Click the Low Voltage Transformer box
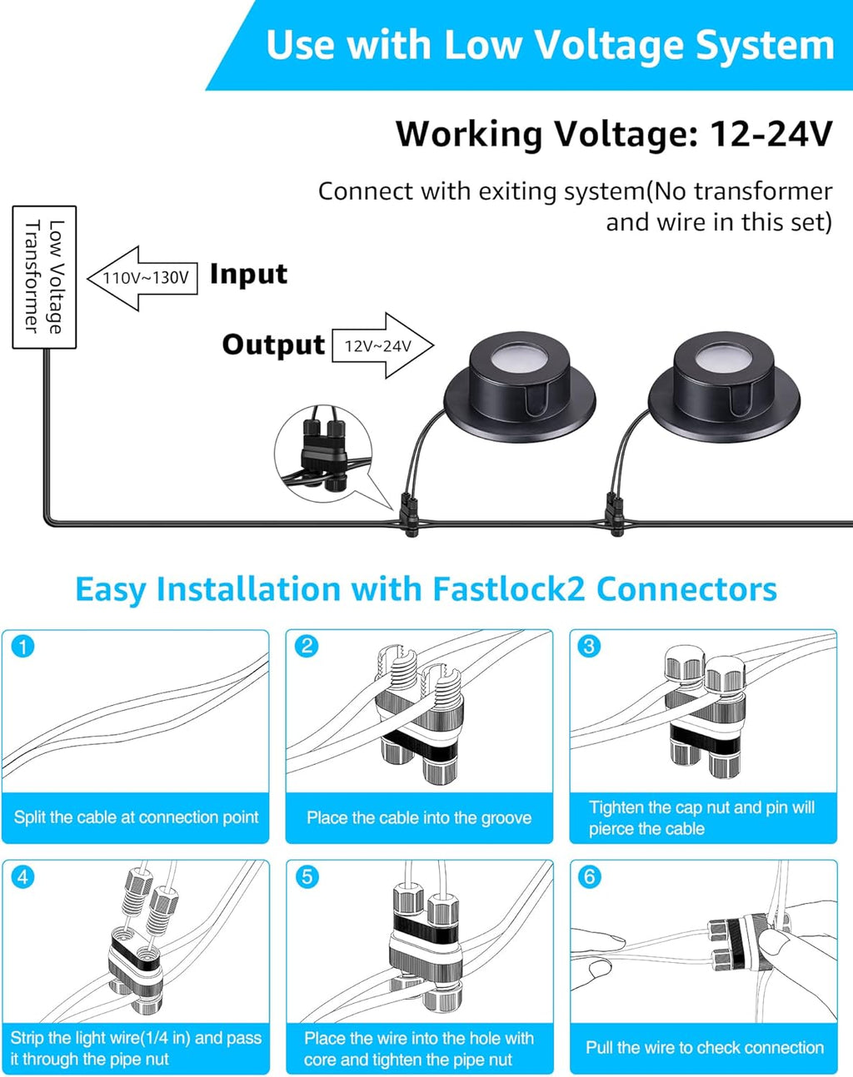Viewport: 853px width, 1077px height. click(x=45, y=277)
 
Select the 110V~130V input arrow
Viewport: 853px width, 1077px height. click(x=142, y=278)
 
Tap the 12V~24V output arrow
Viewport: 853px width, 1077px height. click(x=382, y=345)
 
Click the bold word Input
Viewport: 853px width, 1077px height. click(x=248, y=274)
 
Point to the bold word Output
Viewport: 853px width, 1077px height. click(x=273, y=345)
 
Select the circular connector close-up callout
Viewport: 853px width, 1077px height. click(x=322, y=454)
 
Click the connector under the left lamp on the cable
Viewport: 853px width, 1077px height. click(x=410, y=514)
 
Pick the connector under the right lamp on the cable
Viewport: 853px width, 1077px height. click(x=614, y=514)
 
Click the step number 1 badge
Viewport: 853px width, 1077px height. click(x=23, y=647)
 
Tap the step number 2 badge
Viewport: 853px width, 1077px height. click(x=307, y=647)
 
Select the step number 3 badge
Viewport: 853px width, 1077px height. click(x=590, y=647)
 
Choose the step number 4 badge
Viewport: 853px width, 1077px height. click(x=23, y=877)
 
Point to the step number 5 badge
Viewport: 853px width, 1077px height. click(x=307, y=877)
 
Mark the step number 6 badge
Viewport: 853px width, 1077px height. click(x=590, y=877)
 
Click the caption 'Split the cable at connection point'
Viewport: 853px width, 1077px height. click(x=136, y=817)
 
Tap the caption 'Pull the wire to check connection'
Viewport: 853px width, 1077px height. click(x=704, y=1048)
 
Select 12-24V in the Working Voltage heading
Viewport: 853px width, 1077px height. click(x=771, y=134)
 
